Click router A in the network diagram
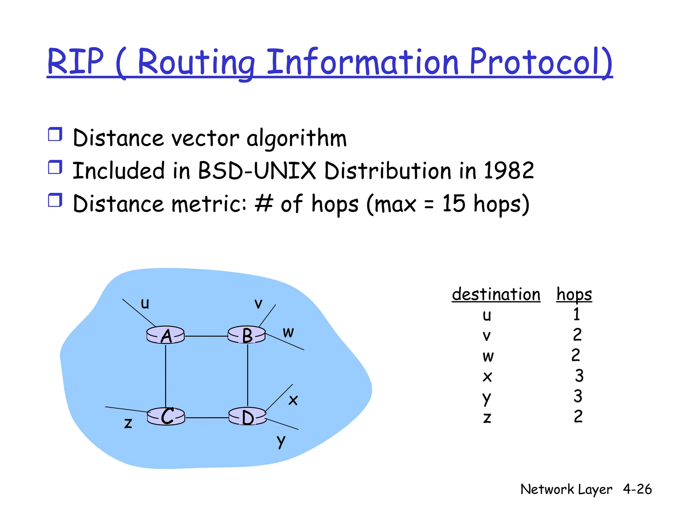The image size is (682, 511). coord(166,335)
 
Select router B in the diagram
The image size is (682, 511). coord(247,335)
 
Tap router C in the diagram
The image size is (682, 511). coord(166,417)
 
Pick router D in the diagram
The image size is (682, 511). coord(247,417)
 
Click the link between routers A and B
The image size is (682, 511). coord(206,336)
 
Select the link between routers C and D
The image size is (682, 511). coord(206,418)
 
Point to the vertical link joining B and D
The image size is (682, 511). coord(248,376)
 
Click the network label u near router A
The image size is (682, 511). coord(145,303)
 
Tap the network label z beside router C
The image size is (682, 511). coord(128,423)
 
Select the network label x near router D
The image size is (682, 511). coord(293,400)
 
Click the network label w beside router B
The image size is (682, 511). coord(288,332)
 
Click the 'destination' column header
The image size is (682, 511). coord(496,294)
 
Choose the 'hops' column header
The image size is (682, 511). coord(574,295)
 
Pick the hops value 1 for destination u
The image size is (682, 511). coord(577,314)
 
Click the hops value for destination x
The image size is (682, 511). coord(579,376)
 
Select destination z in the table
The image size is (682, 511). coord(487,418)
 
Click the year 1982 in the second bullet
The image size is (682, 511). coord(509,171)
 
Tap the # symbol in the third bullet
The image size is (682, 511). coord(264,203)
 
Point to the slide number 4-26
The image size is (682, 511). coord(637,489)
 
